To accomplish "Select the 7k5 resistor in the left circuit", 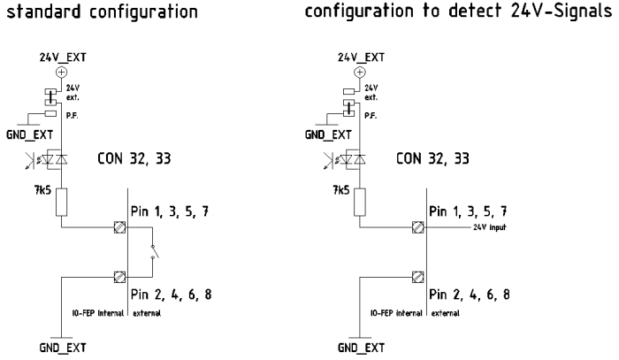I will [62, 202].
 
